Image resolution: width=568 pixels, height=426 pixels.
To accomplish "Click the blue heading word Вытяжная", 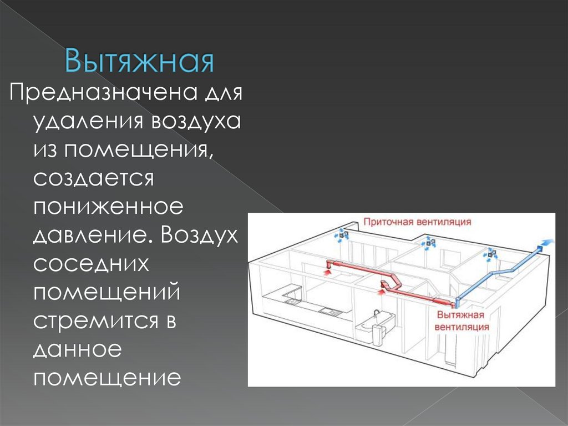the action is tap(139, 62).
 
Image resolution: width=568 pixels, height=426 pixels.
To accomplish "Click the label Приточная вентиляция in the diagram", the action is tap(417, 222).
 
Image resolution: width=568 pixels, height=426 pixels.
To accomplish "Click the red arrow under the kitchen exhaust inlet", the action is tap(326, 270).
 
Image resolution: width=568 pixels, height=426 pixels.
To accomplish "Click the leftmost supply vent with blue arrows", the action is tap(343, 233).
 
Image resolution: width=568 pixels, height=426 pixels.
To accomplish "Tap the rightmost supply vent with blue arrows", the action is tap(490, 253).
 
